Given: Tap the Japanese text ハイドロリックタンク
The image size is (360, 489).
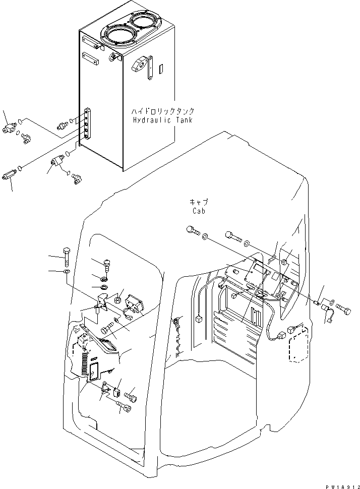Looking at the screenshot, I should (162, 111).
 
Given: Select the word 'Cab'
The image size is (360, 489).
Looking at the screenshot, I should (198, 211).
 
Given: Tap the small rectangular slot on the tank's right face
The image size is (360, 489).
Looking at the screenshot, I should (161, 69).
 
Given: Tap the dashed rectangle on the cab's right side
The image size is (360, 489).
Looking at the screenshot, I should (297, 345).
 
